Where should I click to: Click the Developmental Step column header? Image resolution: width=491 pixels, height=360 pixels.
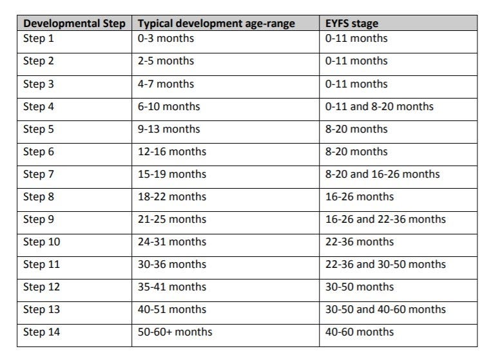[75, 24]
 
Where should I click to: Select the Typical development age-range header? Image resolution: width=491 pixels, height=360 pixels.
[216, 24]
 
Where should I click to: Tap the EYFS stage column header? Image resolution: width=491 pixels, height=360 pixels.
[352, 24]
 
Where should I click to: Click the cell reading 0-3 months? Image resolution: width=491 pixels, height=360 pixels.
[166, 38]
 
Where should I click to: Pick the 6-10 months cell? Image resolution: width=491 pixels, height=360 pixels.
[169, 106]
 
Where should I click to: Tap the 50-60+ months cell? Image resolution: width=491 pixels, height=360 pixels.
[175, 332]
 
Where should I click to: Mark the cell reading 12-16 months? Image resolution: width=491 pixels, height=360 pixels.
[172, 151]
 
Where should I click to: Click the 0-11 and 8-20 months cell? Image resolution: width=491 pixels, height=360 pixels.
[380, 106]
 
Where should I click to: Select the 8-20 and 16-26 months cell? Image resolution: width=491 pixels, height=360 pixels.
[383, 174]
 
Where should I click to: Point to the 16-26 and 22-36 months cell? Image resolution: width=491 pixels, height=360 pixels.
[385, 219]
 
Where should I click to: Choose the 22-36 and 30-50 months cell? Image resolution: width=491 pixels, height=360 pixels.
[385, 265]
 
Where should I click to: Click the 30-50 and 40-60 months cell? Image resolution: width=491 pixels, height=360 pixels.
[385, 310]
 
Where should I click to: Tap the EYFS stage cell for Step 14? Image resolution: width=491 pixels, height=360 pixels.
[360, 332]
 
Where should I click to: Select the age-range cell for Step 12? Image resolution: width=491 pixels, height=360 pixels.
[172, 287]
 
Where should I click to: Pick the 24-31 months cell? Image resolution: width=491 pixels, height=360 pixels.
[172, 242]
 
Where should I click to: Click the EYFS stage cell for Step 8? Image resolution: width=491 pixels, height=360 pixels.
[360, 196]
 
